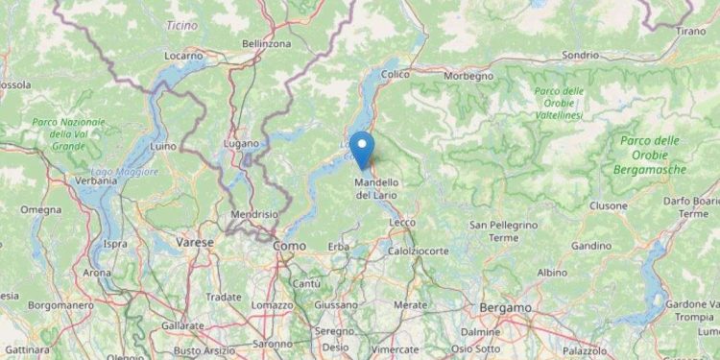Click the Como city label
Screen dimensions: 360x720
(x=289, y=246)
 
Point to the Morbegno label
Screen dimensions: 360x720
(x=469, y=75)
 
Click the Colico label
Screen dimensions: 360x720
(x=396, y=73)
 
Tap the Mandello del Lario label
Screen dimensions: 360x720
(x=377, y=188)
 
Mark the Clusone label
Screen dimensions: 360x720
(x=609, y=205)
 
